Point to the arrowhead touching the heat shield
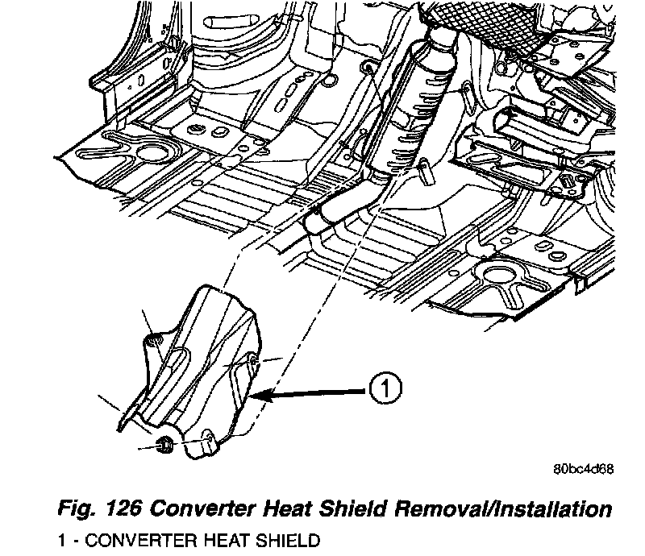(257, 395)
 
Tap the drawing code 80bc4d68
(582, 471)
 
